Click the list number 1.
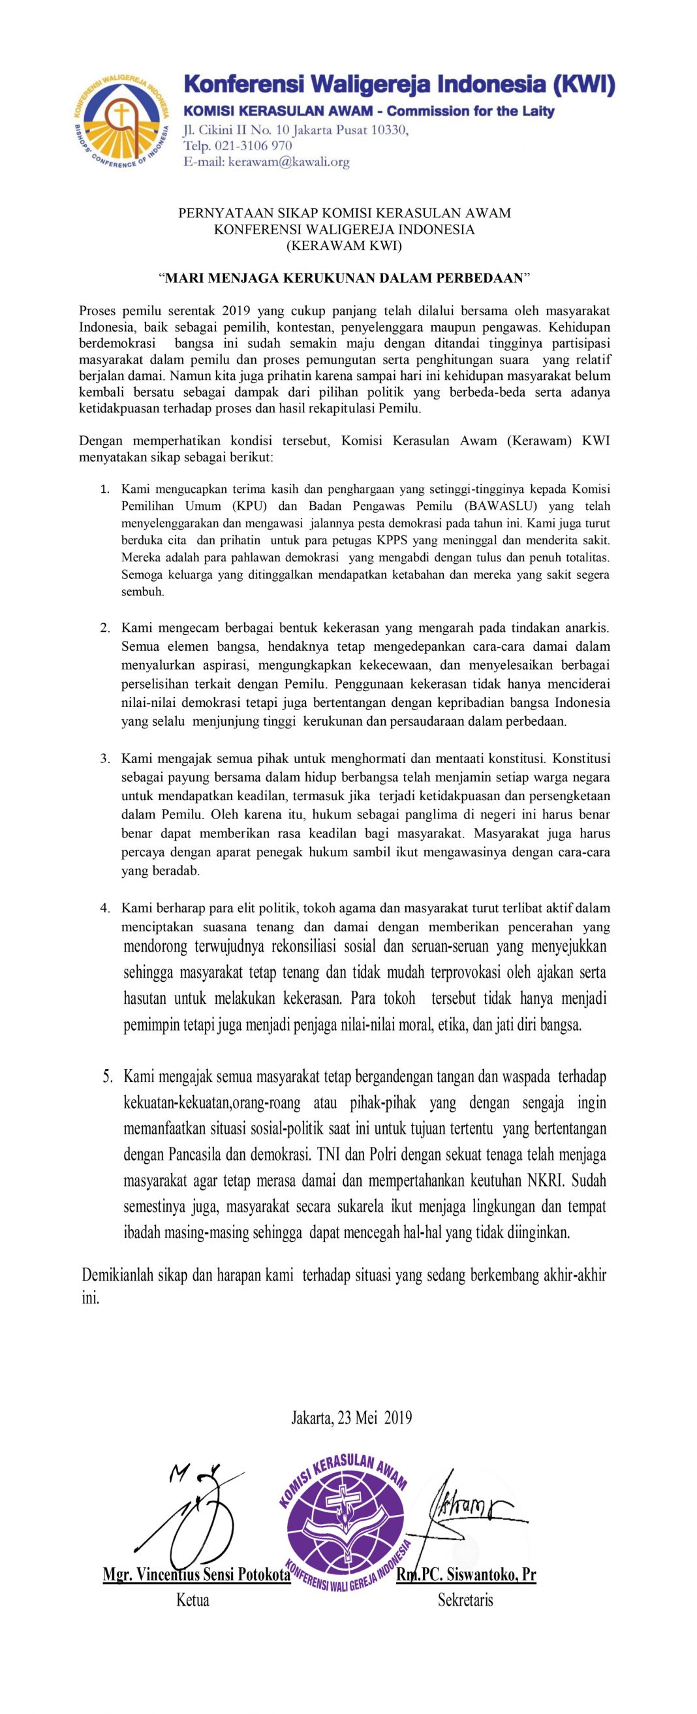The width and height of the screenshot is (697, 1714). tap(105, 490)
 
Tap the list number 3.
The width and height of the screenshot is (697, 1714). tap(105, 758)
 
